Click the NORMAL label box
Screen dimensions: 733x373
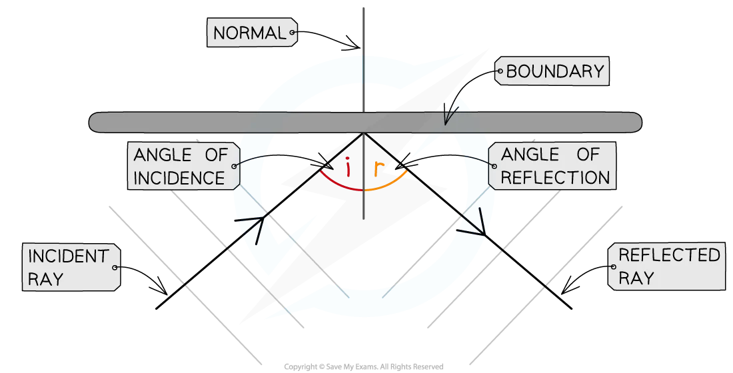[x=252, y=33]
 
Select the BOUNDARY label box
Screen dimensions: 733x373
[x=552, y=71]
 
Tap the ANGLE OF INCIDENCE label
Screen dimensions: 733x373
[x=184, y=167]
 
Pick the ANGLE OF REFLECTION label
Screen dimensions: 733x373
[x=552, y=166]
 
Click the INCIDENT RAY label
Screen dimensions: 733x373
[x=71, y=267]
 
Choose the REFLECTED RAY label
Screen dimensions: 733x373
[x=666, y=266]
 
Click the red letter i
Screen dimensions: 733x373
[x=347, y=167]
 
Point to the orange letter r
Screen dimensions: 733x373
[x=378, y=169]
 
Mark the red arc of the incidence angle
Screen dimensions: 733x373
[x=339, y=185]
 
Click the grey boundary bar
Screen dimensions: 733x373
[x=365, y=122]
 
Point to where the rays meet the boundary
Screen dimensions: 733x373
[x=364, y=133]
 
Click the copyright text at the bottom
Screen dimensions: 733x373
[x=364, y=367]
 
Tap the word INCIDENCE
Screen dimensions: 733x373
[x=179, y=178]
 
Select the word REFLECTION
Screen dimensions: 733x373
[x=555, y=178]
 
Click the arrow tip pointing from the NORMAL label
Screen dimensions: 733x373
[x=360, y=48]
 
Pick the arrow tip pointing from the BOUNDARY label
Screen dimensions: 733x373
[x=446, y=125]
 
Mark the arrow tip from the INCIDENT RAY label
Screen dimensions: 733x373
[x=167, y=294]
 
